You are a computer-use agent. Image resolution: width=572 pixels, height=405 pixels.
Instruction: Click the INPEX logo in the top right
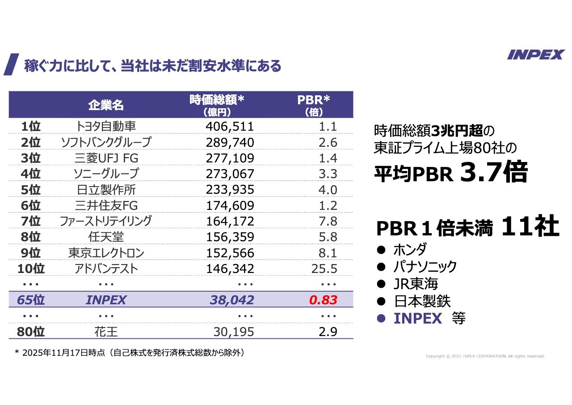coord(536,55)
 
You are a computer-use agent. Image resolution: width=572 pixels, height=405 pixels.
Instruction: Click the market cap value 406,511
coord(230,127)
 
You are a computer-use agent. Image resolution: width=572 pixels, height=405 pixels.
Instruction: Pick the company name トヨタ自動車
coord(106,127)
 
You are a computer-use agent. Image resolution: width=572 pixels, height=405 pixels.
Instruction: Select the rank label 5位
coord(31,190)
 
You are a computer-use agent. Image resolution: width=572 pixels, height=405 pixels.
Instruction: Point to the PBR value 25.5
coord(324,269)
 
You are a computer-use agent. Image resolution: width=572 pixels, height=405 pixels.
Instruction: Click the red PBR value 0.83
coord(323,300)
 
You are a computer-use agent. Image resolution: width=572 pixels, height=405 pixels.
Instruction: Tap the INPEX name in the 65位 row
coord(106,300)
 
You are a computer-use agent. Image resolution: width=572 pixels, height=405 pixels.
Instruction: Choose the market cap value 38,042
coord(232,300)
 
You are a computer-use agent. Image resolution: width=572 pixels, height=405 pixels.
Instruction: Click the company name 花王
coord(106,332)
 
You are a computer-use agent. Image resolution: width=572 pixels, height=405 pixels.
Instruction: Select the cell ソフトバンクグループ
coord(106,142)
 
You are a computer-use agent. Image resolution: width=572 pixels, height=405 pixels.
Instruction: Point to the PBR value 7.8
coord(328,221)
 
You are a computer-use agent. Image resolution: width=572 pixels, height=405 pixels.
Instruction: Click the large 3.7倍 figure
coord(494,172)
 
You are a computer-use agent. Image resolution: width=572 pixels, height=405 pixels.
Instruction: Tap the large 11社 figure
coord(530,226)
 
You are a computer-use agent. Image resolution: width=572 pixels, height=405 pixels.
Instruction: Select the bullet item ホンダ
coord(410,249)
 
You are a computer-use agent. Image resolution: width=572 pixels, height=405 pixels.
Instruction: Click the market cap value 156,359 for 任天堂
coord(230,237)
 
